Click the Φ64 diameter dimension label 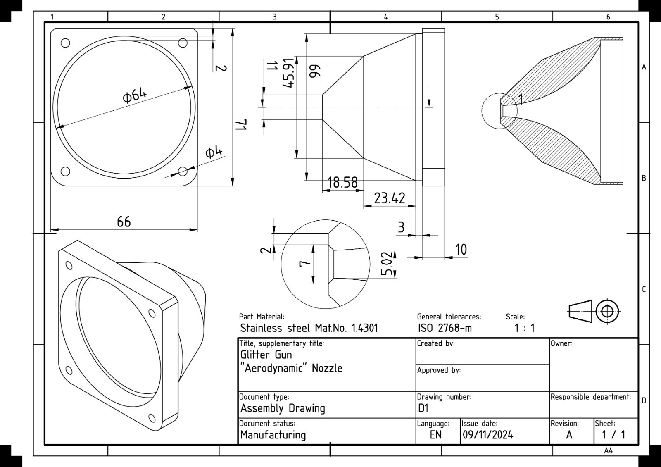pos(135,95)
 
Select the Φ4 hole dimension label pos(214,152)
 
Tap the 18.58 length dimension pos(342,182)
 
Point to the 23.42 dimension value pos(390,198)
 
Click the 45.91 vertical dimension pos(289,73)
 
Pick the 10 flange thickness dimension pos(461,250)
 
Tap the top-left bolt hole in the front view pos(65,43)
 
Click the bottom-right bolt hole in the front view pos(183,171)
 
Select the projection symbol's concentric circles pos(607,311)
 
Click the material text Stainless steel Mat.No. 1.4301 pos(309,329)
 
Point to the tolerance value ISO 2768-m pos(444,329)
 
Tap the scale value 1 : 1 pos(524,329)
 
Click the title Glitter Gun pos(266,355)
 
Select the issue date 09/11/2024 pos(488,435)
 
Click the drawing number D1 pos(423,408)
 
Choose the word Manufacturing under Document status pos(273,435)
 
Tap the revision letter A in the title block pos(569,435)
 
